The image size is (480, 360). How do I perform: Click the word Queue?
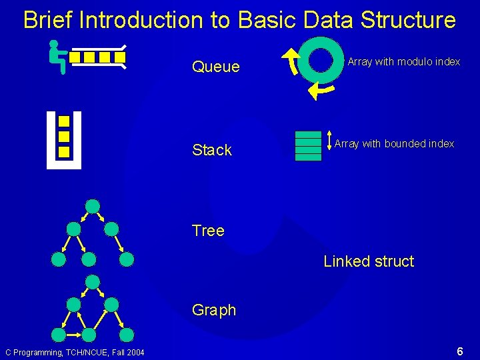[215, 67]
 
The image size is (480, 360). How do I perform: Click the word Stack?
[211, 150]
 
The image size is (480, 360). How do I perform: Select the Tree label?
[208, 231]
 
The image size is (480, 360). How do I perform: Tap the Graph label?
[213, 310]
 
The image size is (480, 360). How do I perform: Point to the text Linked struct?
[369, 261]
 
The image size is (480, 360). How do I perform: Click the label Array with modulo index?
[403, 62]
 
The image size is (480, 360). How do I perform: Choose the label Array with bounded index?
[394, 143]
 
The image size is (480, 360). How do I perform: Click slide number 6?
[460, 351]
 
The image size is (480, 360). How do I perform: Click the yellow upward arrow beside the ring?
[290, 61]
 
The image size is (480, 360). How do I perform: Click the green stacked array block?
[308, 146]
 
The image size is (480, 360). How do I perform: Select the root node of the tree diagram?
[93, 206]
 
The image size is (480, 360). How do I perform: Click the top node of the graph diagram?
[93, 281]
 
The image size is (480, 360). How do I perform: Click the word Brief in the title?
[48, 20]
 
